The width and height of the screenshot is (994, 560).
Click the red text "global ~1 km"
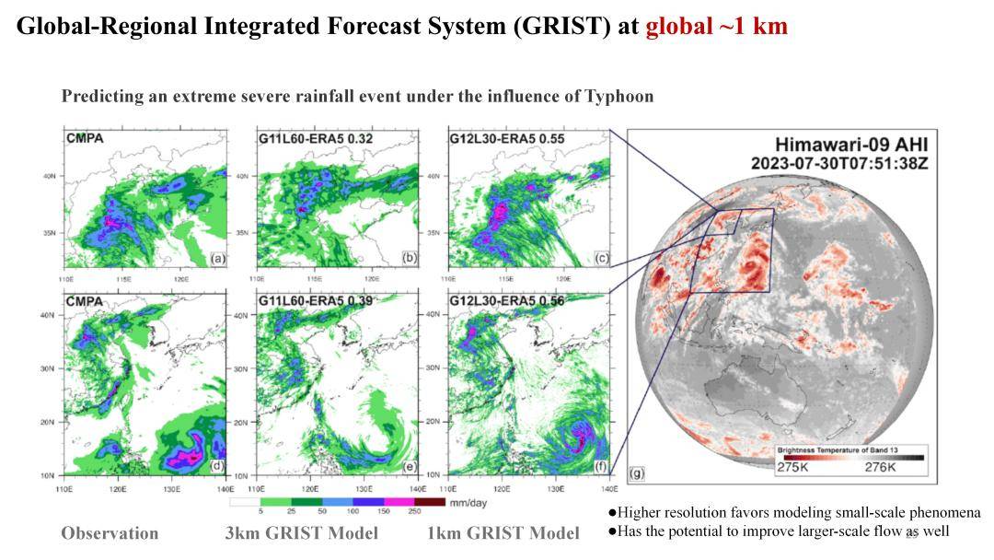[x=716, y=26]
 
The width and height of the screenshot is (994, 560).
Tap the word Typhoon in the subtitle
[x=616, y=96]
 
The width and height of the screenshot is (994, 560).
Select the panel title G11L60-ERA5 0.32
[x=308, y=138]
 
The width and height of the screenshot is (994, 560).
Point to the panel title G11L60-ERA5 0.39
[x=308, y=301]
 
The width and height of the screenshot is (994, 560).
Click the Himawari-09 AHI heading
[x=850, y=145]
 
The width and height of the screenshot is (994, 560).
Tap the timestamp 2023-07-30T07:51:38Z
[x=838, y=163]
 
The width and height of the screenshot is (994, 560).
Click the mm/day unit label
[x=467, y=502]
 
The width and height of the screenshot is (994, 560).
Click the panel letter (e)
[x=410, y=466]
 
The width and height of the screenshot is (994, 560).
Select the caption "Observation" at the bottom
[x=110, y=533]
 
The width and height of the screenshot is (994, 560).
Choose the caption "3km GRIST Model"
[x=302, y=533]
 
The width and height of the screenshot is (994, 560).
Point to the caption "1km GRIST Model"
[x=503, y=533]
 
